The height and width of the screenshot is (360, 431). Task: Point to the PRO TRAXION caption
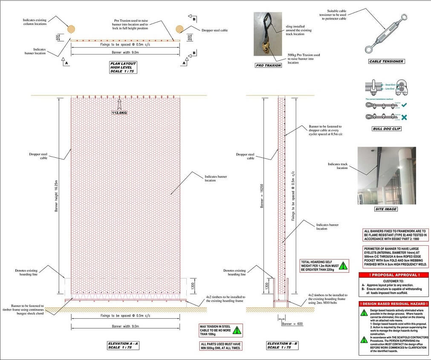tap(269, 66)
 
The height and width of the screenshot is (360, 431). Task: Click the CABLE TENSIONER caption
tap(386, 61)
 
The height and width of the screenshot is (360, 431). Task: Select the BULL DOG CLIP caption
tap(386, 128)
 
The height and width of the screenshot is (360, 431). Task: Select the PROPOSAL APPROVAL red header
tap(393, 275)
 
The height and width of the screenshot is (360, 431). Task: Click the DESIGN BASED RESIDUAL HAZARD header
tap(393, 304)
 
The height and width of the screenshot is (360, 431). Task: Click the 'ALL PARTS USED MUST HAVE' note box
tap(220, 346)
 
